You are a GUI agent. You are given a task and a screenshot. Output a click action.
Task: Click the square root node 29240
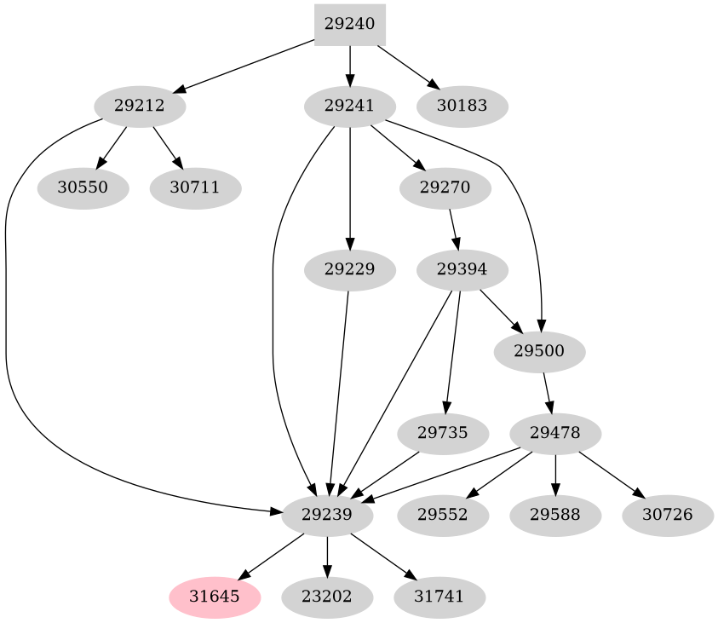(x=350, y=25)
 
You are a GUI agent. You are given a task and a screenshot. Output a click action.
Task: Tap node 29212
(x=139, y=107)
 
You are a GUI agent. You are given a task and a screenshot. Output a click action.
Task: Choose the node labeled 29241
(x=350, y=107)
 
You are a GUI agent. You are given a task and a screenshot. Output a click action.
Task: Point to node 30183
(x=462, y=107)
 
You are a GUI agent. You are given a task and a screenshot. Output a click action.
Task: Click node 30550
(x=83, y=187)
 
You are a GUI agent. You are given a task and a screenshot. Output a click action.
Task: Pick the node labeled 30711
(x=195, y=187)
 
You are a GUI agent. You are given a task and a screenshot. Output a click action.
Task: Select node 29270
(x=445, y=187)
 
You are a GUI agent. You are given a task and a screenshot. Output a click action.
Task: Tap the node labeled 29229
(x=350, y=270)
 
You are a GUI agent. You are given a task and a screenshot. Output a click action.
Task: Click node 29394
(x=462, y=270)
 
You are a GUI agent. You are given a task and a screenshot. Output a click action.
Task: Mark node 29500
(x=539, y=351)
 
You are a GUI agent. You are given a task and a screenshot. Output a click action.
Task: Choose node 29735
(x=443, y=433)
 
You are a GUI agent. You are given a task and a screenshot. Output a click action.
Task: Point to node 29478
(x=555, y=433)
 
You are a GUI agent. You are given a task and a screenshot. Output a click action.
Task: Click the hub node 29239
(x=327, y=515)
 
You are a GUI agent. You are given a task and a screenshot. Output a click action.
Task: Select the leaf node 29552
(x=443, y=515)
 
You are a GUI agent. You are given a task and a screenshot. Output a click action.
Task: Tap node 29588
(x=555, y=515)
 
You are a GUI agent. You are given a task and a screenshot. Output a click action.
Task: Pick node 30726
(x=668, y=515)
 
